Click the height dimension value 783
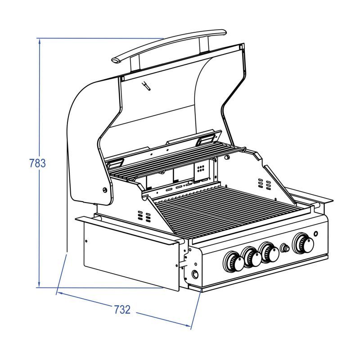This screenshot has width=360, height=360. [38, 163]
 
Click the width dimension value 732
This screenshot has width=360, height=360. [122, 310]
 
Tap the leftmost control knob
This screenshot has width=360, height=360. [234, 262]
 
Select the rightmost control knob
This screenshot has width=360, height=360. [303, 243]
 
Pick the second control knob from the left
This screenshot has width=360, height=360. [251, 257]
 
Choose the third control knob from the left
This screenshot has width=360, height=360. [269, 252]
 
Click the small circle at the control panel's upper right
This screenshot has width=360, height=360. [316, 234]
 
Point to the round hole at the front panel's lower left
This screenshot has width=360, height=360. [195, 274]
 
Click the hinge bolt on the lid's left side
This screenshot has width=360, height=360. [105, 189]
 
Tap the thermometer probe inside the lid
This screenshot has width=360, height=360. [146, 86]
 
